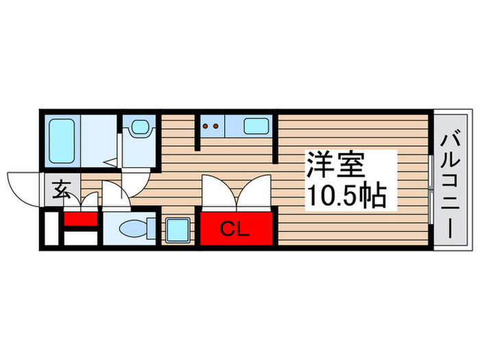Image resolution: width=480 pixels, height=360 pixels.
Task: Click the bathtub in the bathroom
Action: click(x=62, y=140)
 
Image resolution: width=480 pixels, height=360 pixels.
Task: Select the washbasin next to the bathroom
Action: click(x=141, y=128)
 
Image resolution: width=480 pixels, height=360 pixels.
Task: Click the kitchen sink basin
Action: click(x=257, y=126)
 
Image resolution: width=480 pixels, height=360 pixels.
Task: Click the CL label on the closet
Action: click(x=235, y=229)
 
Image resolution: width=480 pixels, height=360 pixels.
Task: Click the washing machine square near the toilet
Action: click(x=178, y=229)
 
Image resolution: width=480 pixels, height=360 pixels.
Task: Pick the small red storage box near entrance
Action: click(x=81, y=221)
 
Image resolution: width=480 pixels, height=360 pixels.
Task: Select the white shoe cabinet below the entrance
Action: click(x=80, y=239)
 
